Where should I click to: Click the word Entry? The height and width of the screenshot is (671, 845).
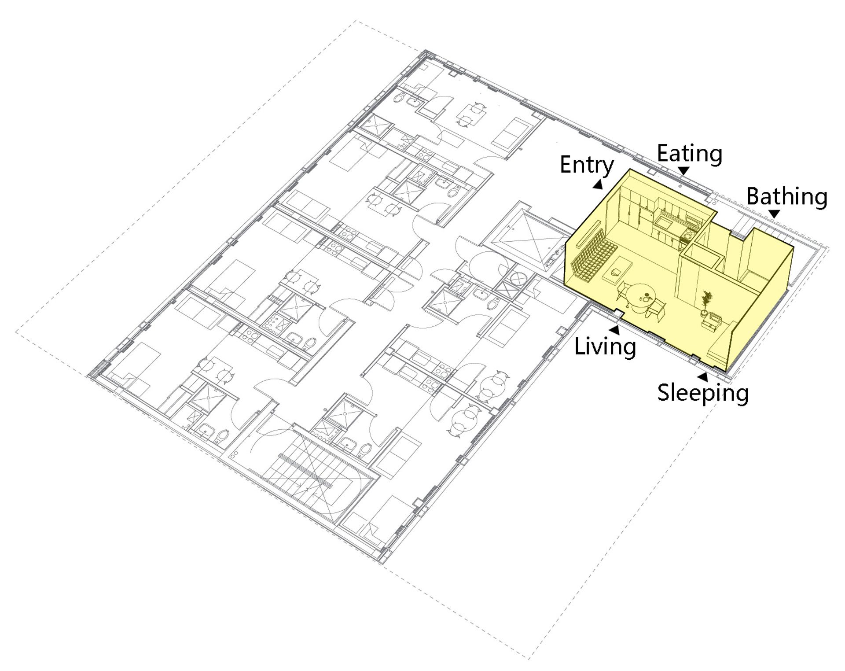coord(587,166)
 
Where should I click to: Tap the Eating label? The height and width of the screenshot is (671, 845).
coord(690,154)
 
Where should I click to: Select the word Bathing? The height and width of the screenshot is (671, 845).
coord(787,197)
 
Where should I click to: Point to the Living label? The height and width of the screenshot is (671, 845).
coord(605,346)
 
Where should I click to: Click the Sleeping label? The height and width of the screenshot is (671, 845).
coord(703,392)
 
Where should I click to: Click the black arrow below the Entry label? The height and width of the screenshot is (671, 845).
coord(598,185)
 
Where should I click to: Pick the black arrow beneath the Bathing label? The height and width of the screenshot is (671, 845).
coord(774,214)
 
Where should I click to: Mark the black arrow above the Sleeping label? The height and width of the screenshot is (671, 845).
coord(703,377)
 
